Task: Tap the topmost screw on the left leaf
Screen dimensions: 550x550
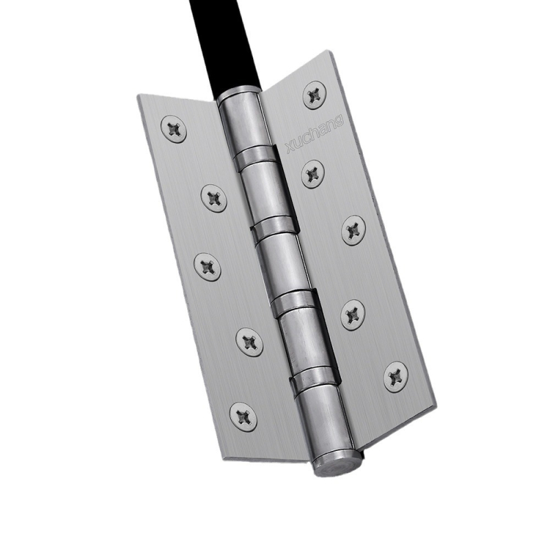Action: [174, 129]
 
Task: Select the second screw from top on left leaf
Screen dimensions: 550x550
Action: [214, 199]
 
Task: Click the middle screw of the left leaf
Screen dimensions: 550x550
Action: [208, 267]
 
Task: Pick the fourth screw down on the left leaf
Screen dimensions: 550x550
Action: [250, 342]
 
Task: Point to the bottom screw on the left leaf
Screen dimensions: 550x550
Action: [243, 417]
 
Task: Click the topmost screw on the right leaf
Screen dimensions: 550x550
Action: [314, 95]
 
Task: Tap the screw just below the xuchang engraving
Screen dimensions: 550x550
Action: [313, 173]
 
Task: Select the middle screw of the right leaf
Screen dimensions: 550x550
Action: [354, 230]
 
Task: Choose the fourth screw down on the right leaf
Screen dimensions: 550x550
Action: [353, 315]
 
